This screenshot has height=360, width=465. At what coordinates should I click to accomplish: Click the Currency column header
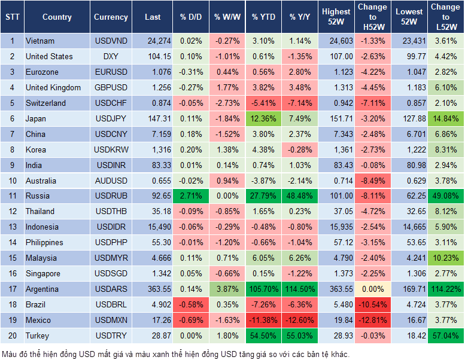click(111, 17)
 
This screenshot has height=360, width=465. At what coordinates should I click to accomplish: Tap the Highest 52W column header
click(336, 17)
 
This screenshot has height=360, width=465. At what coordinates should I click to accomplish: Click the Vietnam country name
click(40, 41)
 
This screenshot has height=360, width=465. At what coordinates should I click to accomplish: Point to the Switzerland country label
click(47, 103)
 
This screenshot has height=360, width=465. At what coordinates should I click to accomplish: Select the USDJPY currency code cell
click(111, 118)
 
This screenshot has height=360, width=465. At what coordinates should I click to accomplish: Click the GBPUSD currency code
click(111, 87)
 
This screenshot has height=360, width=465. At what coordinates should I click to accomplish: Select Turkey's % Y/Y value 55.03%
click(300, 335)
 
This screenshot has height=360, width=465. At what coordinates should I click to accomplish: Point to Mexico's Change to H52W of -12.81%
click(372, 320)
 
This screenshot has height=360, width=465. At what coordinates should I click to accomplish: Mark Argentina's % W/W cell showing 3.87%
click(227, 289)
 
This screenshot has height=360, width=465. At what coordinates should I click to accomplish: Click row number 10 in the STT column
click(12, 181)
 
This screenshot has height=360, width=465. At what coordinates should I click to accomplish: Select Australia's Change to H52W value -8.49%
click(372, 181)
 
